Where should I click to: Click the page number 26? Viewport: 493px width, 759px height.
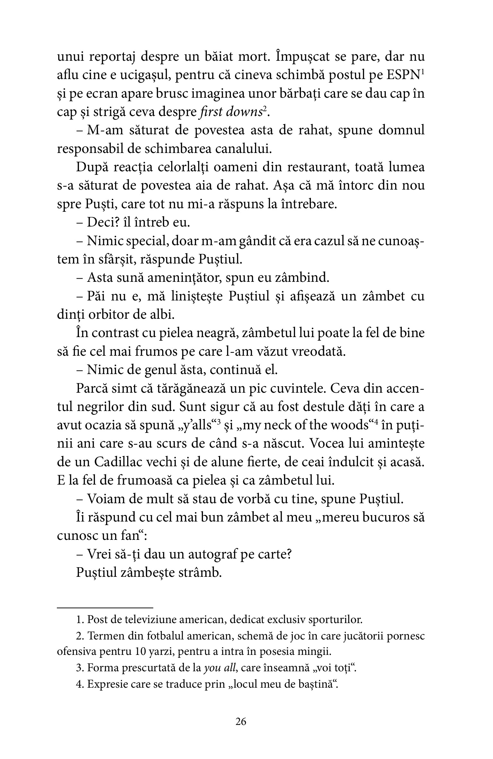click(x=241, y=721)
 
